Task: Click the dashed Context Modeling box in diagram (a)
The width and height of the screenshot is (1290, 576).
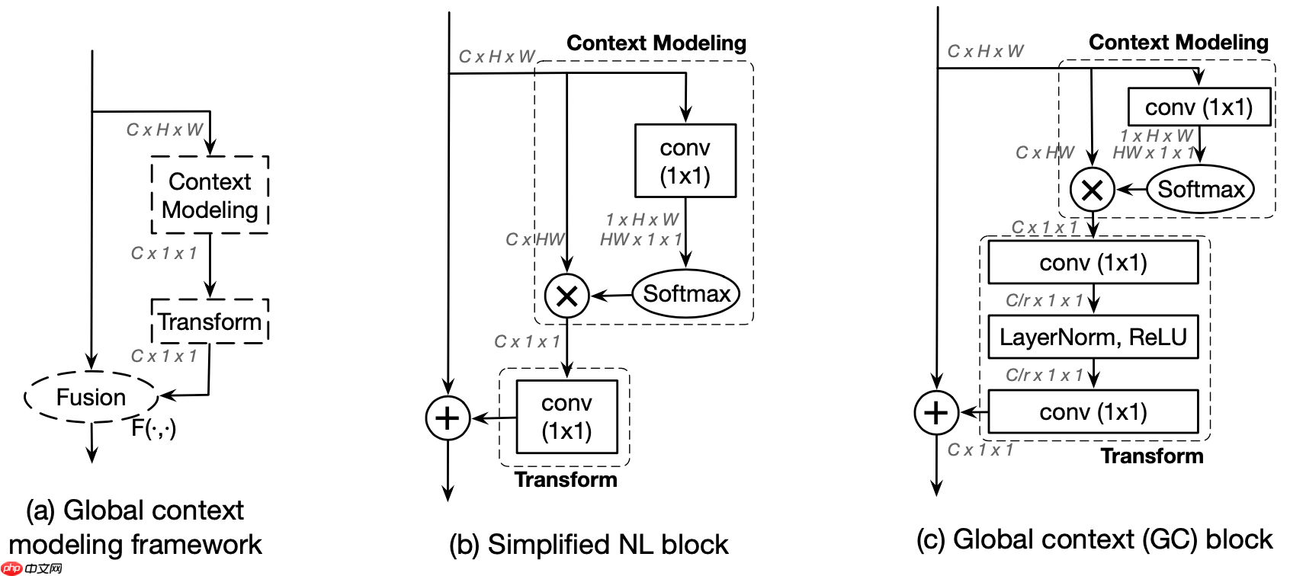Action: pos(210,195)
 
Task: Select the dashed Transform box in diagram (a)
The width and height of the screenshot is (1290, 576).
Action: pos(210,322)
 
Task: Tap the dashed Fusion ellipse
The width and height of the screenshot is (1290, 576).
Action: pos(91,397)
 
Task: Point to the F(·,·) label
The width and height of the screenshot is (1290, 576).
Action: pos(153,428)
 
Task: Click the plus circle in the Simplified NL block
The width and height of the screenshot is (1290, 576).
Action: pos(448,418)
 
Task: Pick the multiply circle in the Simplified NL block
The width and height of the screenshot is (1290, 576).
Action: pos(566,296)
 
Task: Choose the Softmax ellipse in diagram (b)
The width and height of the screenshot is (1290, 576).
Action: pos(686,294)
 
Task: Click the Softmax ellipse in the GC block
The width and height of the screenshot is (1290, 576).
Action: pos(1201,189)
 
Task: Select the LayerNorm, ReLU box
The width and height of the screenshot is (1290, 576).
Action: pos(1093,337)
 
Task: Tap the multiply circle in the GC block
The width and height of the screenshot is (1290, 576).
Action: pos(1092,190)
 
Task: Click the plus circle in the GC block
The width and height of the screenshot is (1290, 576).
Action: pos(936,412)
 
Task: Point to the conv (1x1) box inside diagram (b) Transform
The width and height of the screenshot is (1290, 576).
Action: pos(566,417)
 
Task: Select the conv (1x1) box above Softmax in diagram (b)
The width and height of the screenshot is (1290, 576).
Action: pos(685,161)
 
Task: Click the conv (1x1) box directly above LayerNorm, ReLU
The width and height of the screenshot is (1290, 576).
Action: pos(1093,263)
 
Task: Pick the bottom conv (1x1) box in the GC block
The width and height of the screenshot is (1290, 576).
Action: pos(1093,412)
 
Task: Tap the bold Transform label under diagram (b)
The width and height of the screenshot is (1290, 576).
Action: pos(566,479)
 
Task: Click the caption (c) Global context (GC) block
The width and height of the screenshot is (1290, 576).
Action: pos(1094,539)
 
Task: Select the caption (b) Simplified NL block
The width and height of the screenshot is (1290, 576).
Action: pos(589,544)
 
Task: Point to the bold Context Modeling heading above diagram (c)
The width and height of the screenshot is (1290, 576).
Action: pos(1178,43)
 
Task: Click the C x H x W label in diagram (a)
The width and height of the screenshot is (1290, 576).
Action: pos(165,130)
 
